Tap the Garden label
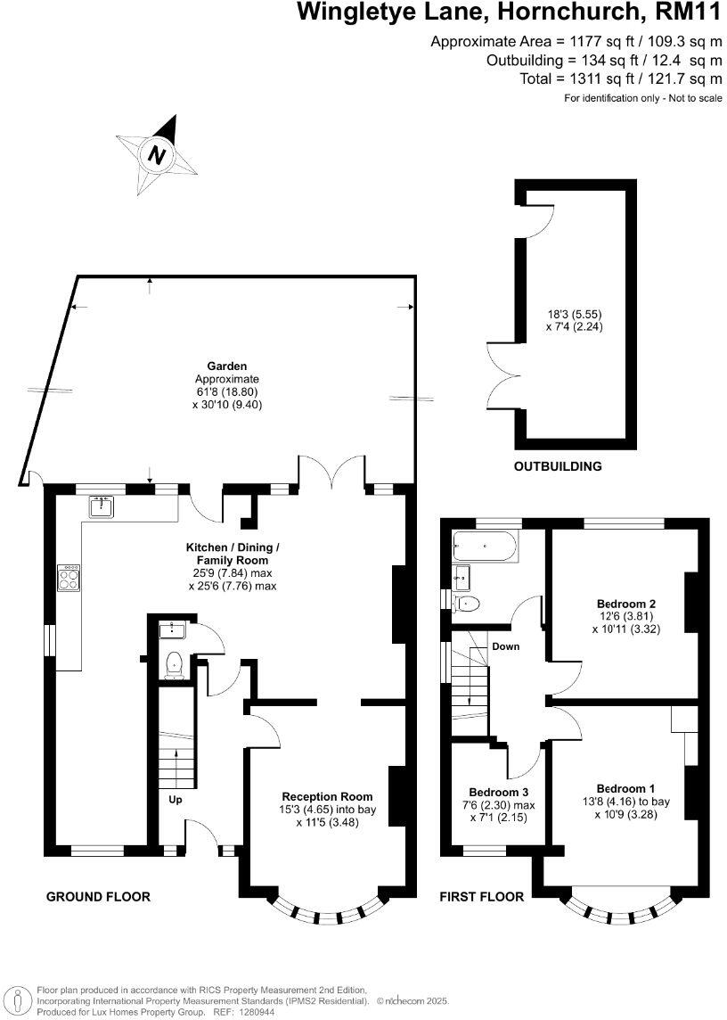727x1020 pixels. click(x=226, y=366)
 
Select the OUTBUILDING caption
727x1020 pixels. click(x=558, y=466)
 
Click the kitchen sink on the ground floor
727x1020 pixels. click(x=101, y=507)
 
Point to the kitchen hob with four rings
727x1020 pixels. click(x=69, y=579)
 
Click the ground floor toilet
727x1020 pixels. click(x=175, y=664)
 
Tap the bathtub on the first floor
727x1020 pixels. click(x=486, y=545)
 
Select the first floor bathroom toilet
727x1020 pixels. click(x=467, y=605)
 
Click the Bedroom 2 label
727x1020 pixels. click(x=623, y=603)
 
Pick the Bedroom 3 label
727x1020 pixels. click(x=499, y=792)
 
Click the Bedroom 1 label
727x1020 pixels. click(x=625, y=788)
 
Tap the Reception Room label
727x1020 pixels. click(x=327, y=796)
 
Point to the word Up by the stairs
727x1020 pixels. click(x=176, y=800)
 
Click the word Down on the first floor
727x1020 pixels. click(x=505, y=646)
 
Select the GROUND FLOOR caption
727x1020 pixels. click(x=98, y=896)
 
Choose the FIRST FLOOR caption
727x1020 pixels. click(x=482, y=896)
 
